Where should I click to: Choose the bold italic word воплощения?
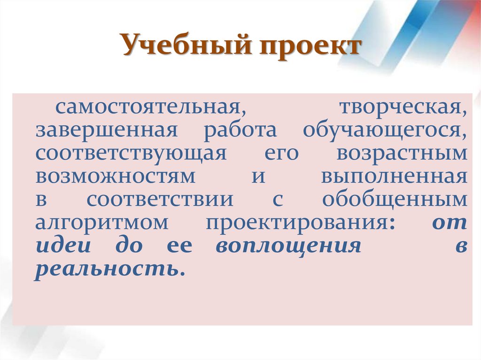[x=288, y=246]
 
